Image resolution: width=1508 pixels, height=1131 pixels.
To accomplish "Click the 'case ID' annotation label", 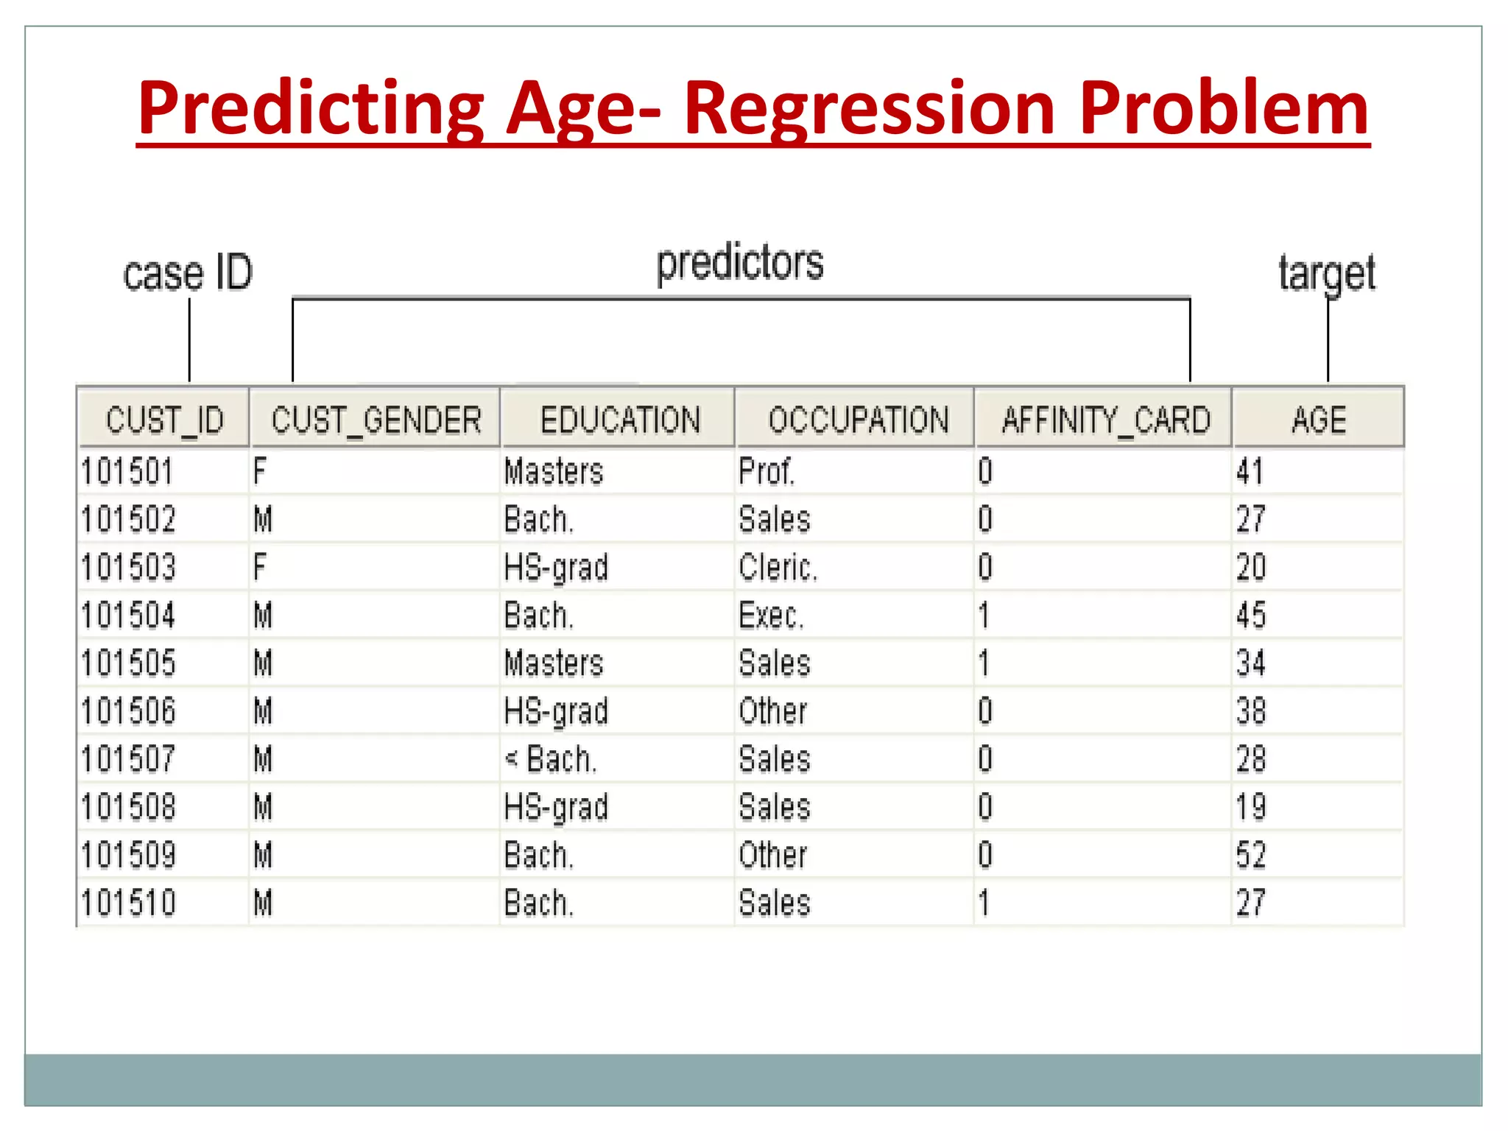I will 188,273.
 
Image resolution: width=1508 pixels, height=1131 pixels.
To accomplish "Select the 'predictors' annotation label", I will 740,264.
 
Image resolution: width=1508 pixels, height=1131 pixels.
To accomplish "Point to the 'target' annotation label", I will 1326,273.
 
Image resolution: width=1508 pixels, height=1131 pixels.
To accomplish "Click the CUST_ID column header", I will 164,420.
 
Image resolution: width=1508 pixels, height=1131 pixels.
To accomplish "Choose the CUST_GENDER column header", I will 376,420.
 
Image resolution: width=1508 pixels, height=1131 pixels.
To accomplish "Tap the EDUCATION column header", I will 620,420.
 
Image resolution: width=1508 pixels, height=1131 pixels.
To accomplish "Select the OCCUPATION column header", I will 858,420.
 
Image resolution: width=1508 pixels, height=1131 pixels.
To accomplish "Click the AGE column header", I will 1319,420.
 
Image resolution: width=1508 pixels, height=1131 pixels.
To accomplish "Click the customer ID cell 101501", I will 127,471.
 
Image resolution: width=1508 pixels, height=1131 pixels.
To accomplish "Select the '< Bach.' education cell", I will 550,759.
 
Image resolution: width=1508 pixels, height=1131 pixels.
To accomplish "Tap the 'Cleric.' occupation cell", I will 778,568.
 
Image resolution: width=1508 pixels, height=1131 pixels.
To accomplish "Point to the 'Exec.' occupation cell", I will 771,616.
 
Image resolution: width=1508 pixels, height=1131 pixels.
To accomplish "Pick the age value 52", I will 1251,855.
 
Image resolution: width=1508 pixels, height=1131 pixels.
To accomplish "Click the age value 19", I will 1251,807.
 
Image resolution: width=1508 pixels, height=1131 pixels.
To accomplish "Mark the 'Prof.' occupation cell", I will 767,471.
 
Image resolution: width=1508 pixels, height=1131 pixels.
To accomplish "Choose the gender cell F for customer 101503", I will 259,568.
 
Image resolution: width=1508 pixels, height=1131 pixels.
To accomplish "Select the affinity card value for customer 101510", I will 984,903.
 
